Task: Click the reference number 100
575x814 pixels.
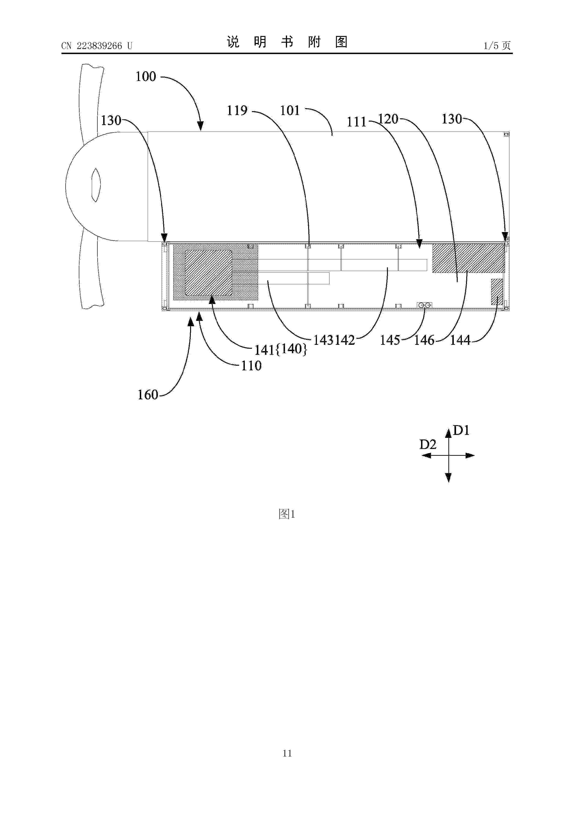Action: pyautogui.click(x=146, y=77)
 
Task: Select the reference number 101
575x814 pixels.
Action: pyautogui.click(x=290, y=111)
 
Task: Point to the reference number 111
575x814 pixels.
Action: pyautogui.click(x=356, y=122)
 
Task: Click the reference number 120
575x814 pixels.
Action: pyautogui.click(x=388, y=119)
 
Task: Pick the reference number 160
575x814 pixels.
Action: pyautogui.click(x=148, y=395)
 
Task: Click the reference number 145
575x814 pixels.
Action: pyautogui.click(x=390, y=340)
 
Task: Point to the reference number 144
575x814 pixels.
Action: pyautogui.click(x=460, y=340)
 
